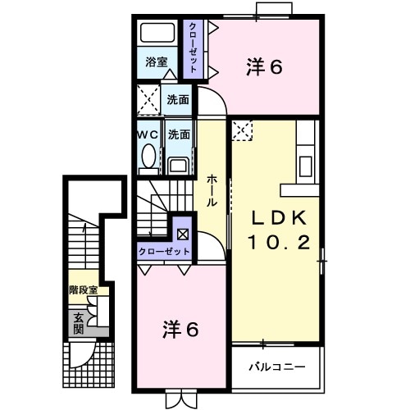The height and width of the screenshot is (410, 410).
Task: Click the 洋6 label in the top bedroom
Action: point(264,67)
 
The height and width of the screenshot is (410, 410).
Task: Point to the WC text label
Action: point(147,134)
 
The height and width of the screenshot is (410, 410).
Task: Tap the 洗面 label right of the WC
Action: point(178,134)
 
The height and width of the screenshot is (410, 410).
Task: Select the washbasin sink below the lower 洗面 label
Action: point(178,164)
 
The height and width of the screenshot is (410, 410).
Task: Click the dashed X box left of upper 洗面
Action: point(148,99)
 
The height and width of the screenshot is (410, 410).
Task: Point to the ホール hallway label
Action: point(212,191)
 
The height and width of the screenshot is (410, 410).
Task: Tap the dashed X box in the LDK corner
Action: point(243,129)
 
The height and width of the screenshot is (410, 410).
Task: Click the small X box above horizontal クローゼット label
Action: point(181,234)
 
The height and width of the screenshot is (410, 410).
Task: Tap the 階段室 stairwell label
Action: point(83,289)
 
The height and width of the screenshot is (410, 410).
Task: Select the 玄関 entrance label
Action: point(79,322)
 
